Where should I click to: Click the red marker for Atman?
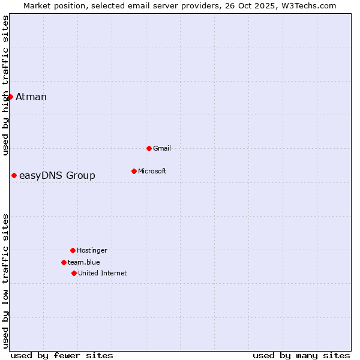10,97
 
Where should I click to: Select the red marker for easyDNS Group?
14,175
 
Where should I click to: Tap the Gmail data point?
149,148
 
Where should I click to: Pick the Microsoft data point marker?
134,171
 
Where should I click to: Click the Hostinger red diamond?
73,250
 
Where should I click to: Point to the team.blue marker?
64,262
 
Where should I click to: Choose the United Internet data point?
74,273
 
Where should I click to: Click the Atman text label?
31,97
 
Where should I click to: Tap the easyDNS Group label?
57,176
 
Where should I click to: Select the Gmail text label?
162,148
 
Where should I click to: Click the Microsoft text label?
152,171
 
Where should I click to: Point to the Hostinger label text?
92,250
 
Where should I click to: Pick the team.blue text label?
84,262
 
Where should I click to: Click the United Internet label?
103,273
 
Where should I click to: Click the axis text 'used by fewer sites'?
62,355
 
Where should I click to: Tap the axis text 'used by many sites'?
301,355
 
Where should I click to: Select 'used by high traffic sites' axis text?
5,85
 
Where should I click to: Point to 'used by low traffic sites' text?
5,281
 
